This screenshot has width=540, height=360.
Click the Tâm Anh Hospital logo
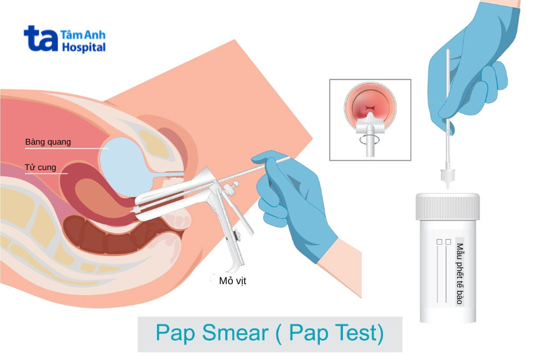(64, 40)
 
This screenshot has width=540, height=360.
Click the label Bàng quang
(48, 141)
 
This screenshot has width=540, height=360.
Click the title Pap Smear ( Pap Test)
(270, 334)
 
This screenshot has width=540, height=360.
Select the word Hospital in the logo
(84, 47)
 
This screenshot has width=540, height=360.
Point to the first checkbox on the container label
(438, 243)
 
